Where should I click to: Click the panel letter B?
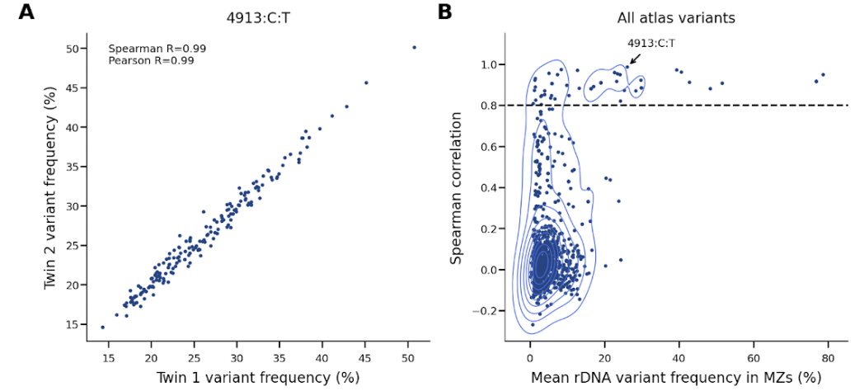point(445,12)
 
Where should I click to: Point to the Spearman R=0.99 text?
point(157,49)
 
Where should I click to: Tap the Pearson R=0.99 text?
point(152,60)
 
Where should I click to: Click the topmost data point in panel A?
point(414,48)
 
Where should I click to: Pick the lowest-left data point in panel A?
point(103,327)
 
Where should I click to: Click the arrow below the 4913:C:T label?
point(635,59)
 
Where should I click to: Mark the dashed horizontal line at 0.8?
point(742,105)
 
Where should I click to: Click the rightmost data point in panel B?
point(823,75)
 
